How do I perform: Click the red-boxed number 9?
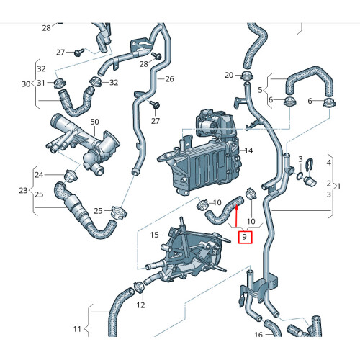pos(244,237)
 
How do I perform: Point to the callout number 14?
pos(248,150)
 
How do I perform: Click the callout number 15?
pos(154,235)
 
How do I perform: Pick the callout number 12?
pos(140,305)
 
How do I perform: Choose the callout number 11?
pos(77,329)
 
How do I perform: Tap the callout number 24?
pos(40,175)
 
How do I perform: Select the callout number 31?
pos(40,83)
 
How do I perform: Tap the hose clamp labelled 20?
pos(246,76)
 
